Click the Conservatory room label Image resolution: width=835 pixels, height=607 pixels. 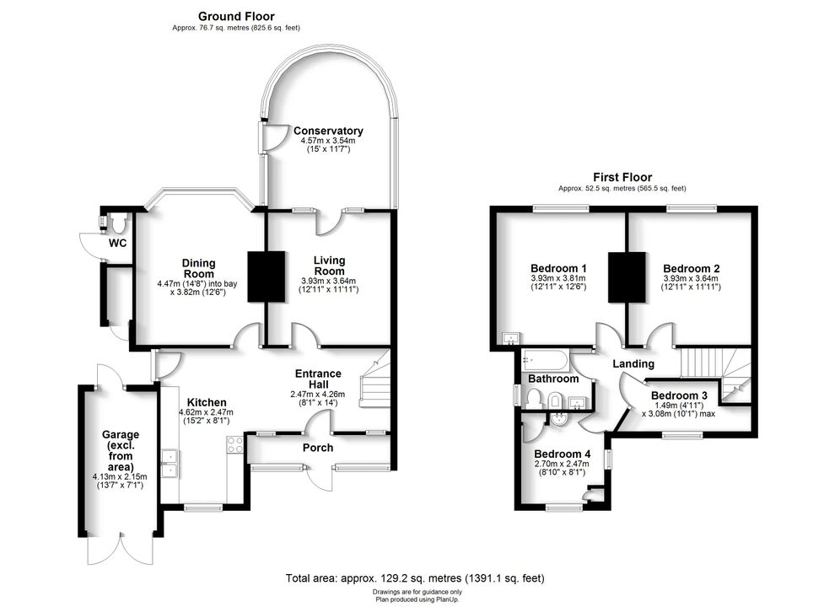coord(328,131)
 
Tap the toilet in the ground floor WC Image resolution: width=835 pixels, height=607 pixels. coord(117,223)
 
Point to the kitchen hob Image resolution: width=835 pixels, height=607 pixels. coord(234,444)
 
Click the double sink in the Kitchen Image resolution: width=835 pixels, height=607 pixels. coord(170,464)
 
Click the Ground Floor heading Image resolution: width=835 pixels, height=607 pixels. coord(236,17)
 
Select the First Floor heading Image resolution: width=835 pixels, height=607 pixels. coord(622,177)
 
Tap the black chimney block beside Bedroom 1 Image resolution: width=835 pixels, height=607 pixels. coord(627,277)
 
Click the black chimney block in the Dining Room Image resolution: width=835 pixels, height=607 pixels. coord(267,277)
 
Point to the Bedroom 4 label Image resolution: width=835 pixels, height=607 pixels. coord(563,454)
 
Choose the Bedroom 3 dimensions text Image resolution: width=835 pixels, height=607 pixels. coord(678,409)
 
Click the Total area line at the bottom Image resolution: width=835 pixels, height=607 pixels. coord(415,577)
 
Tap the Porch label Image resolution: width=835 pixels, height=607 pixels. coord(318,448)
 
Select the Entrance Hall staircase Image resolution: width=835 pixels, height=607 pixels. coord(374,379)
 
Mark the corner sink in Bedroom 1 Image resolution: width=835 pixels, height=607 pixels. coord(512,337)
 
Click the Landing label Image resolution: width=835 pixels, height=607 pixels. coord(633,363)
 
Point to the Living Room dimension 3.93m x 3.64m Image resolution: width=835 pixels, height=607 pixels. coord(329,281)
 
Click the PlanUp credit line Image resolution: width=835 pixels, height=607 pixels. coord(417,599)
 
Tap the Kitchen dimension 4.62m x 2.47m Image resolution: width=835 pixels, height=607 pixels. coord(206,412)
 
